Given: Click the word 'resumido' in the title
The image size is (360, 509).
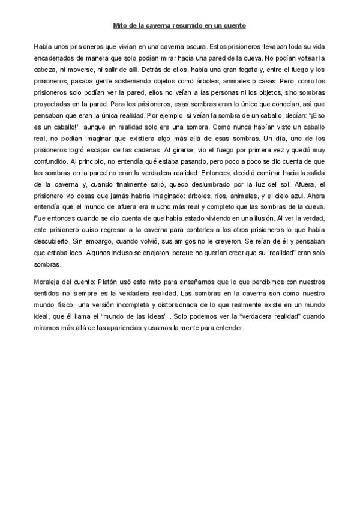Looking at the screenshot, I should (180, 26).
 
